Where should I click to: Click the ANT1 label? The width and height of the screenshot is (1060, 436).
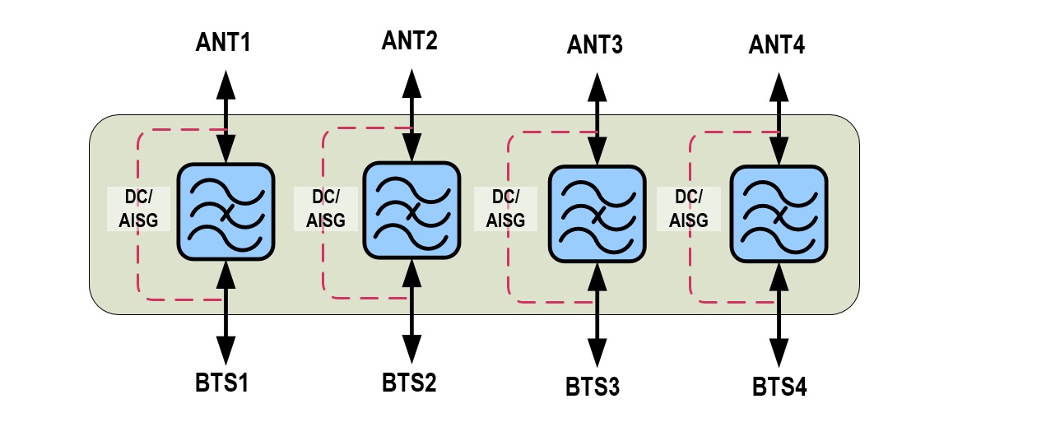pyautogui.click(x=223, y=42)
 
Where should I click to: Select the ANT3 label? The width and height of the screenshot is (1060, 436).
pyautogui.click(x=595, y=44)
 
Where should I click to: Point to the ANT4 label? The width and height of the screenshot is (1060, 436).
pyautogui.click(x=777, y=44)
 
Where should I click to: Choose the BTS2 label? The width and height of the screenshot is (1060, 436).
pyautogui.click(x=409, y=383)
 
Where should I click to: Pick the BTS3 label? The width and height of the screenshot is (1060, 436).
pyautogui.click(x=593, y=386)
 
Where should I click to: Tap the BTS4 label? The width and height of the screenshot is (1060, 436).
pyautogui.click(x=779, y=386)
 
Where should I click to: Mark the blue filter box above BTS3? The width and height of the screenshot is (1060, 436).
pyautogui.click(x=596, y=213)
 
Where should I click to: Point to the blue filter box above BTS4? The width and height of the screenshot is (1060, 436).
pyautogui.click(x=779, y=213)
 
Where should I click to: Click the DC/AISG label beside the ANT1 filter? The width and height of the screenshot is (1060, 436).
pyautogui.click(x=139, y=207)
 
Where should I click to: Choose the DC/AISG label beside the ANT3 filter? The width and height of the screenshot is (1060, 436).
pyautogui.click(x=505, y=209)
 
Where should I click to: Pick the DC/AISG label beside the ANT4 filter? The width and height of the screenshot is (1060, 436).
pyautogui.click(x=689, y=209)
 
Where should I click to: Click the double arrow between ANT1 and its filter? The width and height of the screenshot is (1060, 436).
pyautogui.click(x=225, y=116)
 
